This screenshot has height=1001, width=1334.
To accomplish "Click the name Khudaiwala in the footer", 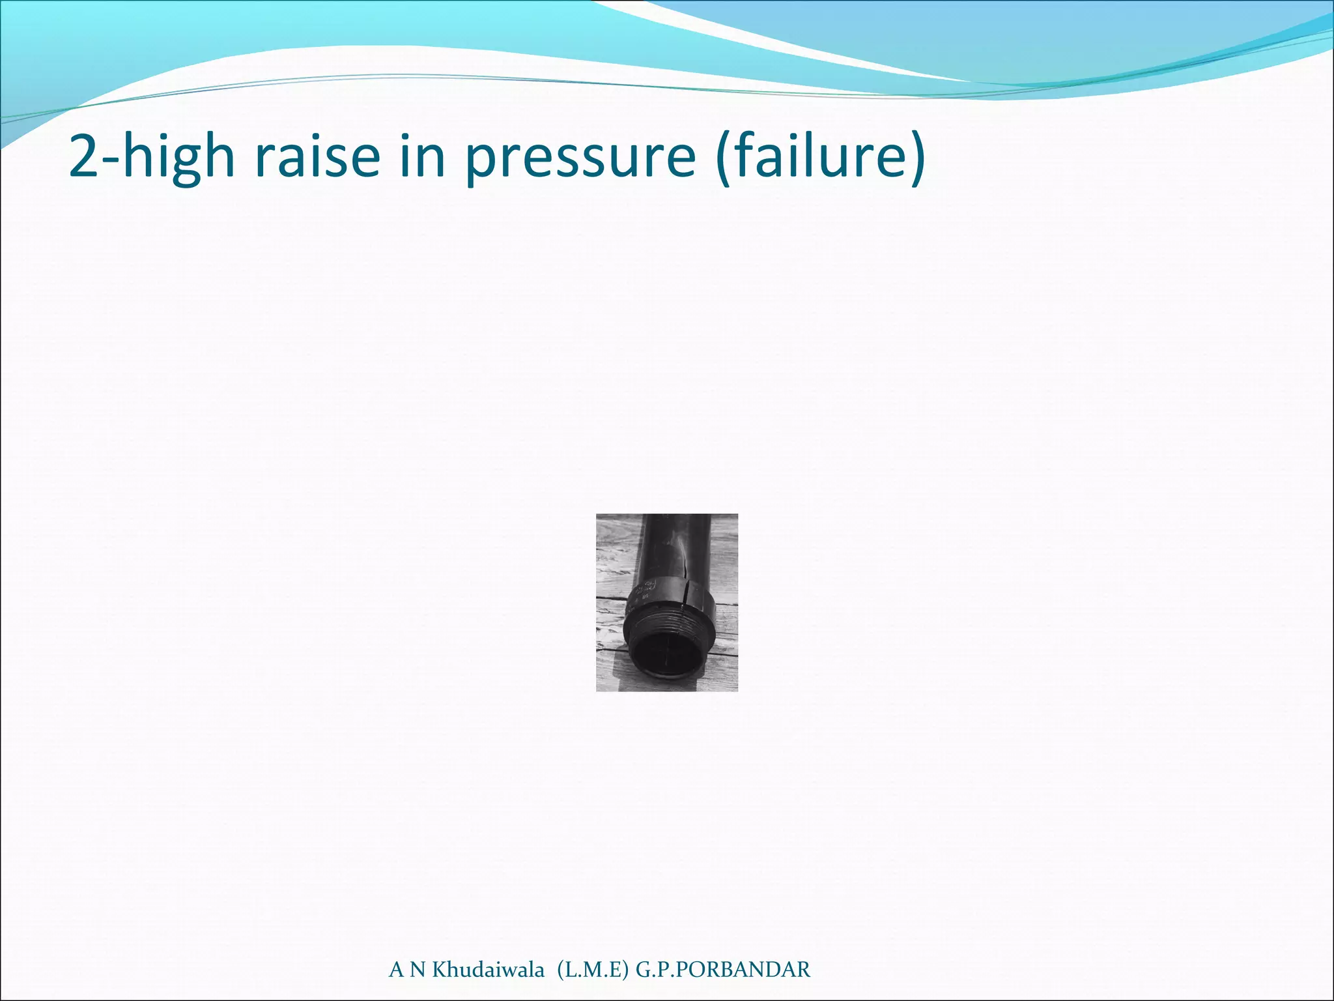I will coord(489,970).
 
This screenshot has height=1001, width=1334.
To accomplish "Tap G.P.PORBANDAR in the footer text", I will coord(723,970).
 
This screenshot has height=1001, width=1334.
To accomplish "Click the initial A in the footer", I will coord(396,970).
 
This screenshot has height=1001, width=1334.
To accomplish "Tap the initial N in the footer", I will coord(417,970).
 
